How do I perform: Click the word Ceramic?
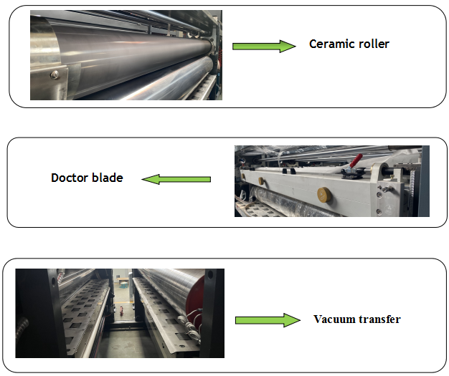coord(328,44)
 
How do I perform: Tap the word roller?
coord(370,44)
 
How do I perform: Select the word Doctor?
coord(70,178)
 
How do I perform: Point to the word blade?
coord(108,178)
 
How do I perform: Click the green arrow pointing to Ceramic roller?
coord(264,46)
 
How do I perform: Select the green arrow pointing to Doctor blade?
coord(176,179)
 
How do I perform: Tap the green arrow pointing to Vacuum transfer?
coord(268,320)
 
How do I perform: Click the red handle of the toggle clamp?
coord(356,160)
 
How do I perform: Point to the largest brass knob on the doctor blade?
coord(324,194)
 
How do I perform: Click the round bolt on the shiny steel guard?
coord(55,75)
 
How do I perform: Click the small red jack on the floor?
coord(121,310)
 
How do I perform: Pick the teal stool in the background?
coord(123,284)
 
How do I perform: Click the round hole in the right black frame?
coord(210,275)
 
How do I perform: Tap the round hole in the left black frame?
coord(53,282)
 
